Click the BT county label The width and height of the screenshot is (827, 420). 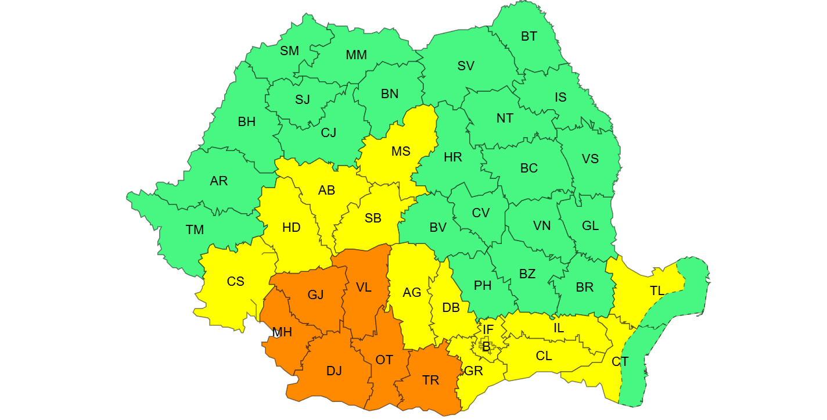coord(528,37)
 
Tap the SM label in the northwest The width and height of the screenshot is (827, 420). coord(289,51)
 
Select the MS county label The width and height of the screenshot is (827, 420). coord(401,152)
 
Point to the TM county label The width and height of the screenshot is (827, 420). coord(195,230)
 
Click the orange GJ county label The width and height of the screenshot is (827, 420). coord(315,295)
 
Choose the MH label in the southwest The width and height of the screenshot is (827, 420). coord(282,332)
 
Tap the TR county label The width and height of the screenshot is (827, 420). coord(430,380)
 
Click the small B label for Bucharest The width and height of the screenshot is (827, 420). coord(486,347)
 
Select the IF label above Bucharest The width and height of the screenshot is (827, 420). coord(488,330)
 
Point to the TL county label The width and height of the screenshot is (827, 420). coord(657,291)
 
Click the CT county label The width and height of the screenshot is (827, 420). coord(620,362)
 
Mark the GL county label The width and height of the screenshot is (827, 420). coord(590,226)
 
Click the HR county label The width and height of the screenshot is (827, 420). coord(452,157)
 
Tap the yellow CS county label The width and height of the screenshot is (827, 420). coord(235,282)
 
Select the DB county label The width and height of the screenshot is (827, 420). coord(451,308)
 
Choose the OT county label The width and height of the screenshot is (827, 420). coord(384,360)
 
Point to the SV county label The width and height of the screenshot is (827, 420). coord(466,66)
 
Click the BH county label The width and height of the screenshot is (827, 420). coord(246,122)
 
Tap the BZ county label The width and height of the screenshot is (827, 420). coord(527,274)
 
